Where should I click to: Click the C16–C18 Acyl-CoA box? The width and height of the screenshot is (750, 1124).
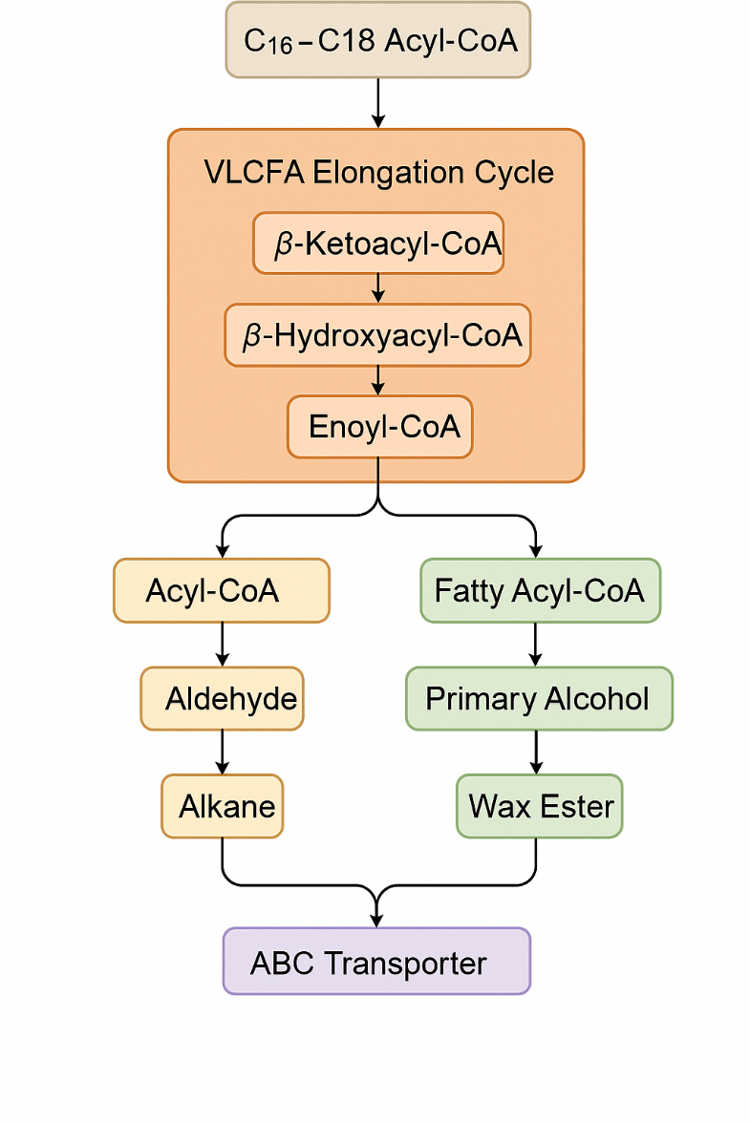tap(377, 40)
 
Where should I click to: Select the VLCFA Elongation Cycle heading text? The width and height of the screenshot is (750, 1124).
tap(378, 173)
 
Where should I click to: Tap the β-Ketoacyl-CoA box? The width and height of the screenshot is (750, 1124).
tap(378, 244)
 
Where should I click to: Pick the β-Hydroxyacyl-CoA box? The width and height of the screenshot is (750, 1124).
tap(377, 335)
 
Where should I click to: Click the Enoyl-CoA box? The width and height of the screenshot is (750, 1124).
tap(379, 426)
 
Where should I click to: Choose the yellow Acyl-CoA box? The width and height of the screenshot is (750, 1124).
tap(222, 590)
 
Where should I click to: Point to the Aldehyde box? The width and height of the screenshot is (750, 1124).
tap(222, 699)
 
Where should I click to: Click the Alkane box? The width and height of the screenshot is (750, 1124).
tap(223, 806)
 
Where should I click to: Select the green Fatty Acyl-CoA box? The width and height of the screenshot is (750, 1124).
tap(540, 590)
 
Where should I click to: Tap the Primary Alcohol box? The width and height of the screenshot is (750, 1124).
tap(539, 699)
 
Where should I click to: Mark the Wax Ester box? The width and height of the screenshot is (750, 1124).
tap(540, 806)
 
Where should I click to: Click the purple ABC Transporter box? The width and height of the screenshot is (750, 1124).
tap(376, 962)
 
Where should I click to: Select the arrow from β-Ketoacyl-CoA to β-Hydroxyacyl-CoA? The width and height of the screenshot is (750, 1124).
tap(378, 288)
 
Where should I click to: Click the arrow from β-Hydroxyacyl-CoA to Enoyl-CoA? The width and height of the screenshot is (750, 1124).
tap(378, 380)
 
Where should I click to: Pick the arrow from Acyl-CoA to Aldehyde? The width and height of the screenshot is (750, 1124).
tap(223, 645)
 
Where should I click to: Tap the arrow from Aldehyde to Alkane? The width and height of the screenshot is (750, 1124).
tap(223, 753)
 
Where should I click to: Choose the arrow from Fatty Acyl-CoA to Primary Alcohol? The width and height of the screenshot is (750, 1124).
tap(536, 645)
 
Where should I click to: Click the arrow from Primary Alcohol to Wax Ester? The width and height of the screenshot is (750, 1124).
tap(536, 753)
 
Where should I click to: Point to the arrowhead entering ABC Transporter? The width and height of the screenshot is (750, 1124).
tap(376, 919)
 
